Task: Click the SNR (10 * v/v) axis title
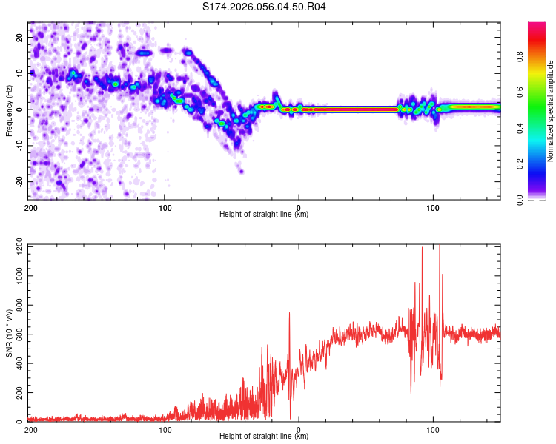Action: [9, 334]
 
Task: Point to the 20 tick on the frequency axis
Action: [19, 36]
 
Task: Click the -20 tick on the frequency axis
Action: [19, 181]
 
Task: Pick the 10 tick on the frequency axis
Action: [19, 73]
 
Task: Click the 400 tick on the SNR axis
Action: [16, 363]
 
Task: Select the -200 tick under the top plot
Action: [30, 206]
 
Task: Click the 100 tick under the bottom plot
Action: [433, 429]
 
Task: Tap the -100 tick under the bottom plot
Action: [164, 429]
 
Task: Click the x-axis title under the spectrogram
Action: [265, 214]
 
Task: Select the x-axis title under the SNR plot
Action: [265, 436]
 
